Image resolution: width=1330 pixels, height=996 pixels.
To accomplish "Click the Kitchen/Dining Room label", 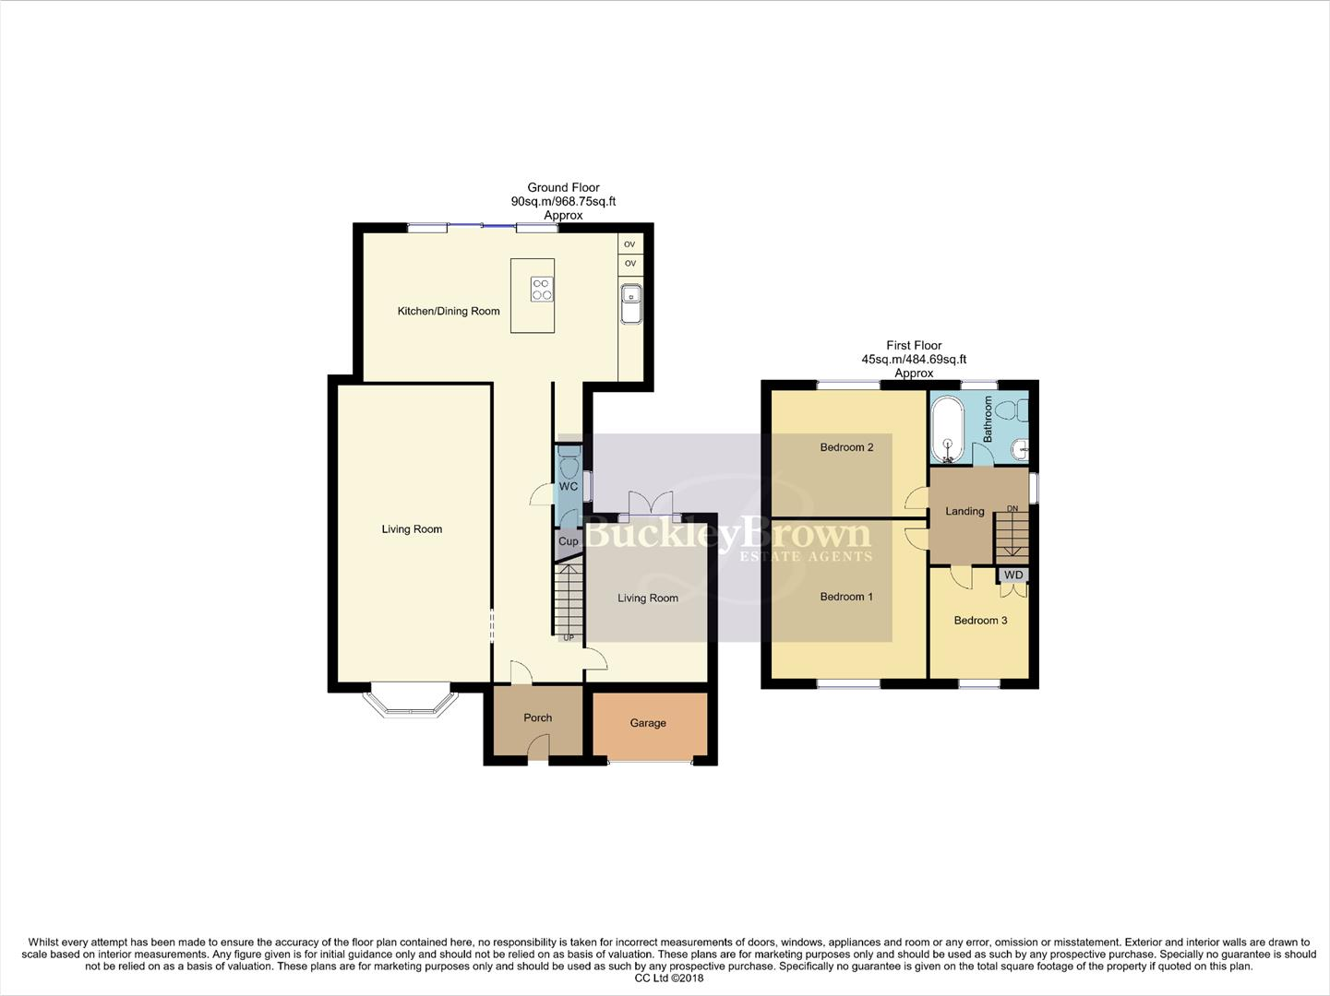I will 449,312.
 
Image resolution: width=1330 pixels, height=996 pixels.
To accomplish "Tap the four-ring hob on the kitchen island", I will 542,290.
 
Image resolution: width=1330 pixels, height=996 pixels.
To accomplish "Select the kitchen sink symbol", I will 631,304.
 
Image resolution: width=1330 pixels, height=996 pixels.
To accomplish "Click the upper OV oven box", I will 630,244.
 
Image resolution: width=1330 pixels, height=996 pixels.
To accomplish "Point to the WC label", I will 569,486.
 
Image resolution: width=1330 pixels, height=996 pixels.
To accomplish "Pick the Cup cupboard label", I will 569,541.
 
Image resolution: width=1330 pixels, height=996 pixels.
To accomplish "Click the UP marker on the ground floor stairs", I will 569,637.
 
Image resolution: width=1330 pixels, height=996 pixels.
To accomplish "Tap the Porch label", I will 538,717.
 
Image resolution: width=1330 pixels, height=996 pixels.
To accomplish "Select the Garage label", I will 648,723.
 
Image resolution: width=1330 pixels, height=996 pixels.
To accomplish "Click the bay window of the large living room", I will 411,705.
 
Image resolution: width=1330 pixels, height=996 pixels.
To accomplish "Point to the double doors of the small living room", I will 651,504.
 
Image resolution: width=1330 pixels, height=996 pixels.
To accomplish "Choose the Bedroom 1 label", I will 846,597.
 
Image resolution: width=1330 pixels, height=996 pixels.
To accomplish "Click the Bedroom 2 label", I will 846,447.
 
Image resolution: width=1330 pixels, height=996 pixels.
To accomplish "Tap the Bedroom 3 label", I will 980,621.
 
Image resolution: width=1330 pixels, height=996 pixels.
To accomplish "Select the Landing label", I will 965,511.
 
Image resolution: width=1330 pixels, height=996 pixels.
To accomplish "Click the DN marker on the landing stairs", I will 1012,509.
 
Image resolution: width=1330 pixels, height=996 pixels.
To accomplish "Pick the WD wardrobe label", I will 1013,575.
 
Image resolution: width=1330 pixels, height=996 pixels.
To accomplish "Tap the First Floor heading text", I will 914,345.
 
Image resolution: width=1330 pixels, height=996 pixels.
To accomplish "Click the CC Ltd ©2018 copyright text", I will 665,978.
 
